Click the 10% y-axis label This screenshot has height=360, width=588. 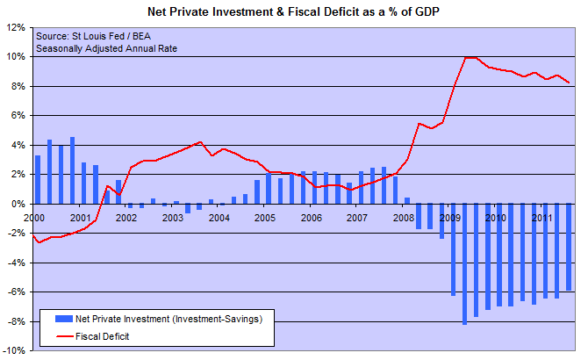pos(16,57)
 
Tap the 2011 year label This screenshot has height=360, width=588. pos(541,216)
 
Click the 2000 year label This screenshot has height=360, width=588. pos(34,216)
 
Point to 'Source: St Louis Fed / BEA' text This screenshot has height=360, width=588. pos(93,36)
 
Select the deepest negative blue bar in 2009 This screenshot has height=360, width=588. pos(464,263)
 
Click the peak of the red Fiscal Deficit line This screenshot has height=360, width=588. pos(470,58)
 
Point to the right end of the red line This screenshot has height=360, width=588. pos(569,83)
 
